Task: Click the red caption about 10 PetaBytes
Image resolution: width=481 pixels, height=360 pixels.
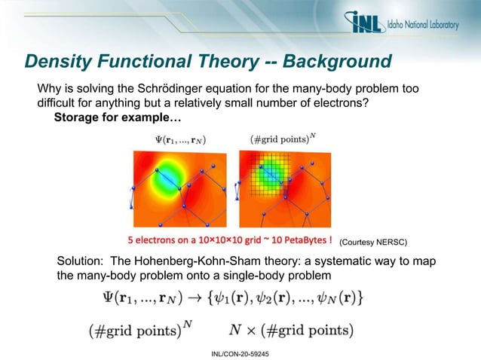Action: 229,241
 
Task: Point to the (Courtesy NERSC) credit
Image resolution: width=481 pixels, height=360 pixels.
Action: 372,243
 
